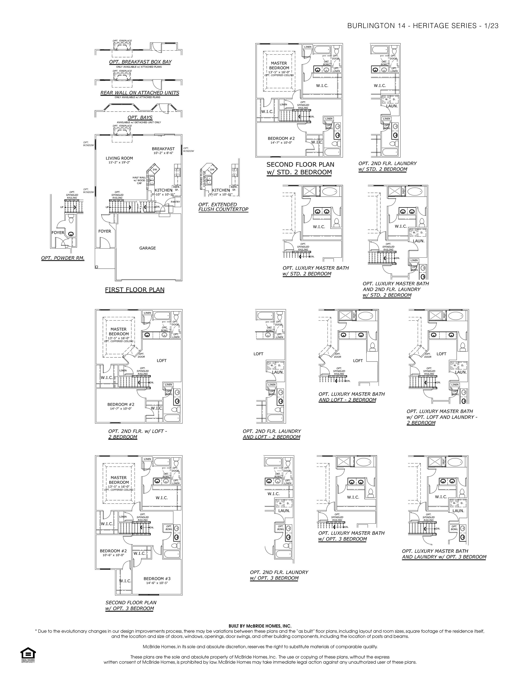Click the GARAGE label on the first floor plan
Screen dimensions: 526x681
click(x=147, y=248)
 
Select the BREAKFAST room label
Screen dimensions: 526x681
click(x=163, y=149)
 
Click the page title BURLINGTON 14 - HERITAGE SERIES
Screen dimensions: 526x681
click(x=422, y=26)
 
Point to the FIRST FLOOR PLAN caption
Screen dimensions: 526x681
click(x=135, y=290)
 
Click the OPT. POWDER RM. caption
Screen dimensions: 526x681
click(x=63, y=258)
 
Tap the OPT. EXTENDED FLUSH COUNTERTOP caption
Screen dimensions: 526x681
click(x=223, y=207)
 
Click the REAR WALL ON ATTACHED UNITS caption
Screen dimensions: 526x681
click(x=140, y=93)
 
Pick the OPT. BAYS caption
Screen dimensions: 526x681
click(x=140, y=118)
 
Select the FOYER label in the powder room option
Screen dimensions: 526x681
click(x=58, y=233)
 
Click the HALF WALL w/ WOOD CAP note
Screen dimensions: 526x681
click(x=139, y=180)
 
